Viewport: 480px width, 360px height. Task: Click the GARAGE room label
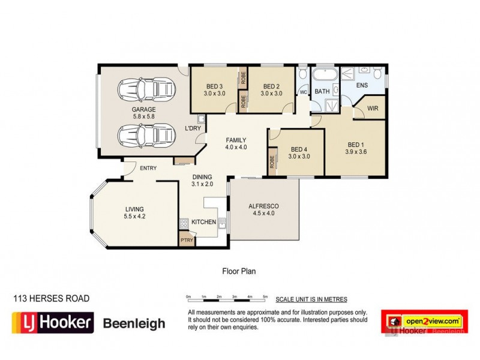click(x=143, y=110)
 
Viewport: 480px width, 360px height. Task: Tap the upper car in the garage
click(x=145, y=91)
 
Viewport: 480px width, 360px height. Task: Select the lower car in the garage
click(x=145, y=136)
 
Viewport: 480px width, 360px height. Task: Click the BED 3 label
click(x=214, y=86)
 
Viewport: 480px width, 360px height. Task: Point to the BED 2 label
click(x=271, y=86)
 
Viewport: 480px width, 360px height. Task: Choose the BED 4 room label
click(x=298, y=150)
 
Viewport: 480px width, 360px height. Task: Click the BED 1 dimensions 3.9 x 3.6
click(x=356, y=152)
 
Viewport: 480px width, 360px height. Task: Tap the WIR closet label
click(x=372, y=109)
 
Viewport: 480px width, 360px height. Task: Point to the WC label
click(x=304, y=92)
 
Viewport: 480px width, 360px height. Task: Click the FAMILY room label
click(x=236, y=140)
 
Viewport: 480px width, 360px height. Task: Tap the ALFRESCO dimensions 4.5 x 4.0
click(x=264, y=214)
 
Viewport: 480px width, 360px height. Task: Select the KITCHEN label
click(x=204, y=222)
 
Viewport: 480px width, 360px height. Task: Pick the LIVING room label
click(x=134, y=209)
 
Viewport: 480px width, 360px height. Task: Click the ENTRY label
click(x=148, y=169)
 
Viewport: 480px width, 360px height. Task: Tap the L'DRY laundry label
click(x=193, y=128)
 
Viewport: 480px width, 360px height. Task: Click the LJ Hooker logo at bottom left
click(x=52, y=323)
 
